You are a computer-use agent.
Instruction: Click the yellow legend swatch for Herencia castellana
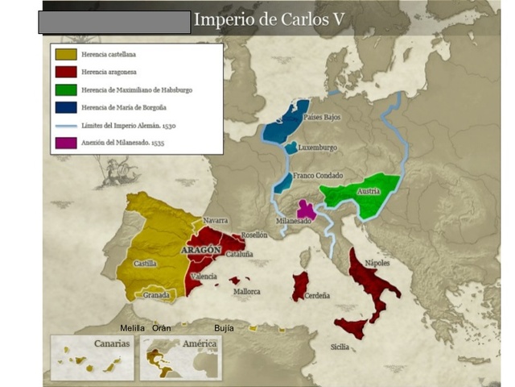point(67,54)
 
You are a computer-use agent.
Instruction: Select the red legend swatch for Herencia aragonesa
point(67,72)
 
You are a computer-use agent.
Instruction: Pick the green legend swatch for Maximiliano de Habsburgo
point(67,89)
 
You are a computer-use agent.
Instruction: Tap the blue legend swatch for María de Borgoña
point(67,107)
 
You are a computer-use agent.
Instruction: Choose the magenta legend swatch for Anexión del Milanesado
point(67,143)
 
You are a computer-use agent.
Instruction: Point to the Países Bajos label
point(322,118)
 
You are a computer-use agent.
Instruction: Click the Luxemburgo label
point(317,148)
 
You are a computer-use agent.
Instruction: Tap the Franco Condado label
point(318,175)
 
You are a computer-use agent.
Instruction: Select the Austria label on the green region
point(368,192)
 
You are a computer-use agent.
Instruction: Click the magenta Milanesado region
point(307,210)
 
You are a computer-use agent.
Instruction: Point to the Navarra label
point(215,220)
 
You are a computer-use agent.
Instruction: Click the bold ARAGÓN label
point(201,251)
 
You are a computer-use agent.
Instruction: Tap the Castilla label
point(146,263)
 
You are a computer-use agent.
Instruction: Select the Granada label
point(156,295)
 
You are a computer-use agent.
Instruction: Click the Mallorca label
point(246,291)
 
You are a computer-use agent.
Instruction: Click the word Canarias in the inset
point(112,343)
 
